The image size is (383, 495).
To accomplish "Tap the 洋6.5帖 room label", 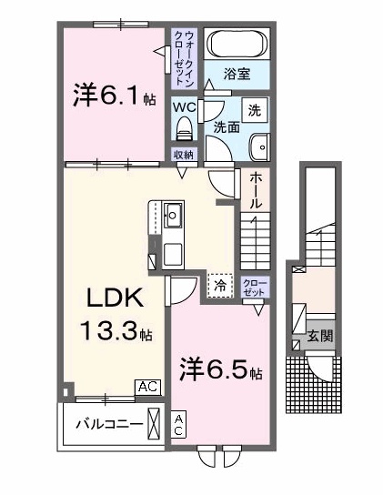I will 221,371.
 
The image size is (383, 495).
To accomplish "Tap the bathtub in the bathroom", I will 236,44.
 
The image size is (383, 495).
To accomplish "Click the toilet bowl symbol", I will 186,126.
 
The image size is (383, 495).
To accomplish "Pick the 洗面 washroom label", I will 226,127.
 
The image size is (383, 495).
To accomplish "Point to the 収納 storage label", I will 186,154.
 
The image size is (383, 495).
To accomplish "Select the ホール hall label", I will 257,190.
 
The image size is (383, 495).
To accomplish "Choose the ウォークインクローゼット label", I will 186,57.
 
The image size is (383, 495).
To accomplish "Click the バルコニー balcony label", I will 108,424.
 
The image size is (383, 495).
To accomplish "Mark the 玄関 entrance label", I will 319,335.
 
